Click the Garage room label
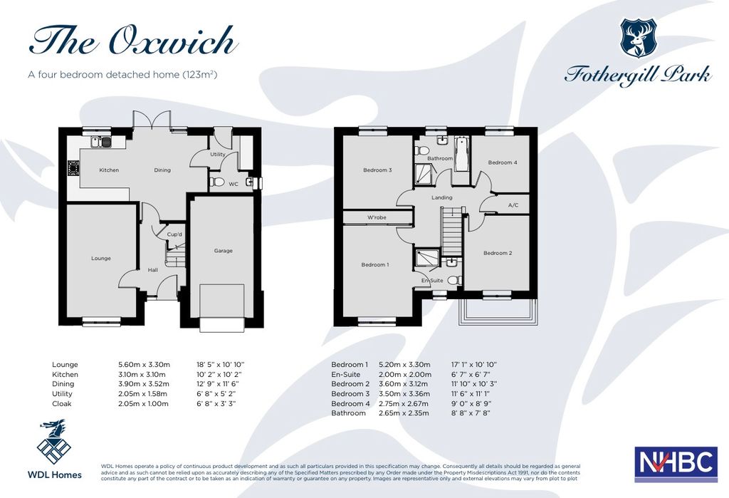(223, 251)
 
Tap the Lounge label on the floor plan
(101, 259)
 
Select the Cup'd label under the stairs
(174, 234)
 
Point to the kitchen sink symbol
(101, 142)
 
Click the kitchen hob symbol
(73, 167)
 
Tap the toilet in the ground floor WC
(217, 181)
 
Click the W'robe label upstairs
(377, 217)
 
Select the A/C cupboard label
(513, 205)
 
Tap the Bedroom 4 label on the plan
(503, 162)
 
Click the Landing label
(441, 197)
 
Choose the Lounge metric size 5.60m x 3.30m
(144, 365)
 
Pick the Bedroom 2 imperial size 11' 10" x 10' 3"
(474, 384)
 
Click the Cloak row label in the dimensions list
(62, 403)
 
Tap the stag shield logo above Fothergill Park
(638, 38)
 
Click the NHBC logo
(676, 464)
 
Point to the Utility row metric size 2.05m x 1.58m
(144, 394)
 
